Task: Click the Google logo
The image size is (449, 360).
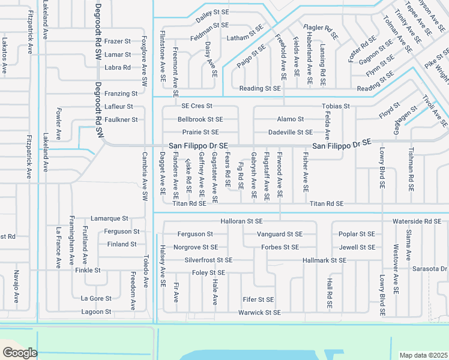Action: pos(20,353)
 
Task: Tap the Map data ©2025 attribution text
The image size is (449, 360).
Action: pos(423,355)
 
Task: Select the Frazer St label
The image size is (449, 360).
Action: pos(118,41)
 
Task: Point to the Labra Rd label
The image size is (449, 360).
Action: pos(118,68)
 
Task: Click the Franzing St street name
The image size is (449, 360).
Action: pos(121,94)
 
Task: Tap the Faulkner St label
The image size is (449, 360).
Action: pos(122,120)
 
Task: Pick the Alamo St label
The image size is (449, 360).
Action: pos(291,119)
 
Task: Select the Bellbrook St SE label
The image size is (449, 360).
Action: pos(200,119)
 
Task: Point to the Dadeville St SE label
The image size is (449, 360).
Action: pos(291,132)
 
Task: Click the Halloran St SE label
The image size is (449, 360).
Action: pos(242,221)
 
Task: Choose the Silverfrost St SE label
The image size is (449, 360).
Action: pos(208,260)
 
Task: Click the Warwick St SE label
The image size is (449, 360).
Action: pos(259,313)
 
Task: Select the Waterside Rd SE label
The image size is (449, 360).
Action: pos(417,221)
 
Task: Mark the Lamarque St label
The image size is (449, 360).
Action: pos(109,218)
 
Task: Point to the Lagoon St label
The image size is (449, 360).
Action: pos(96,312)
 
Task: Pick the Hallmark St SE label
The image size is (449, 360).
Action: pos(325,260)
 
